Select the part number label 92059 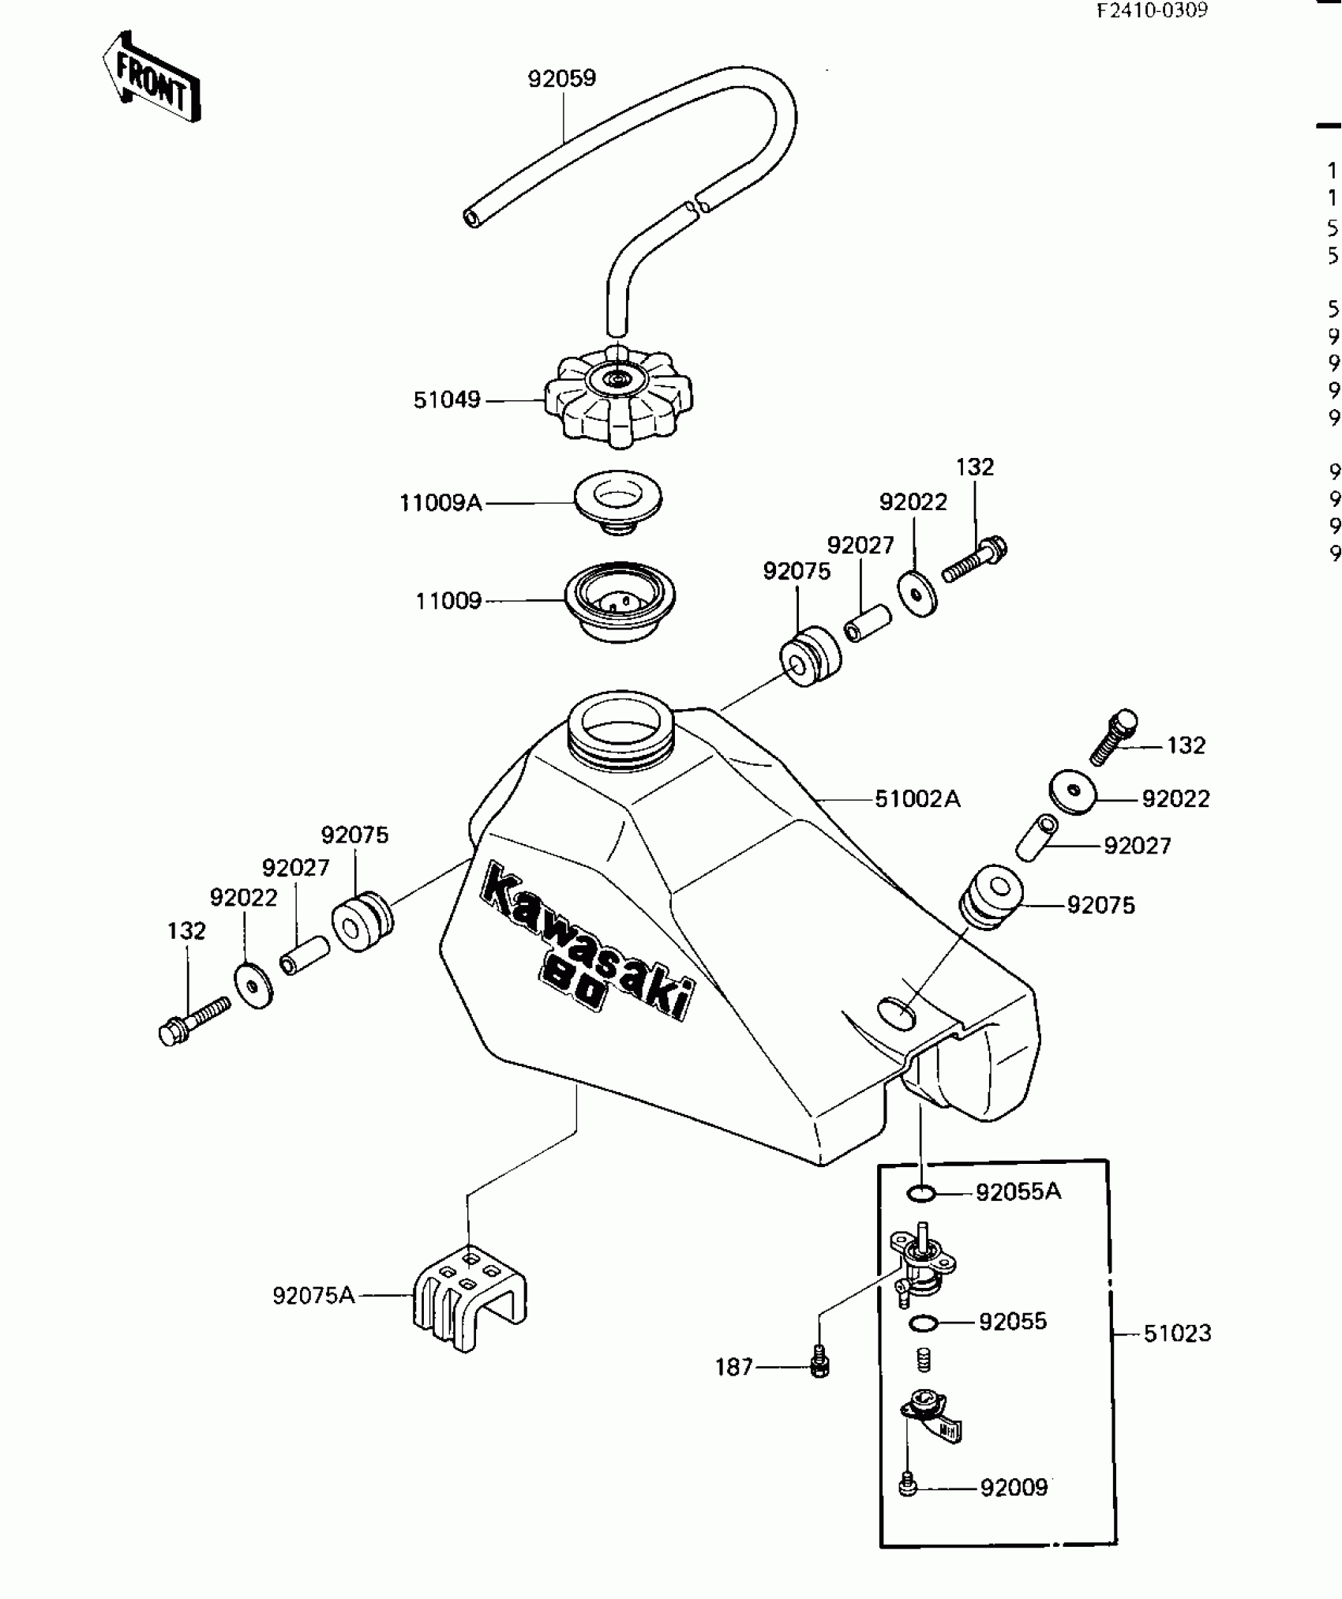point(561,79)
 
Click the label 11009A point(440,502)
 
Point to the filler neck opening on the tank point(620,726)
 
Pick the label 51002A point(917,799)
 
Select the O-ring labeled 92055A point(920,1193)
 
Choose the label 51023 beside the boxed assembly point(1176,1334)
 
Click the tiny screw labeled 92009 point(906,1487)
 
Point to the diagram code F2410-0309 point(1152,12)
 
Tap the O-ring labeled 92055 point(922,1323)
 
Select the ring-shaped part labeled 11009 point(620,602)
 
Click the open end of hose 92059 point(471,217)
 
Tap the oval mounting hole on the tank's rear point(897,1011)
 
